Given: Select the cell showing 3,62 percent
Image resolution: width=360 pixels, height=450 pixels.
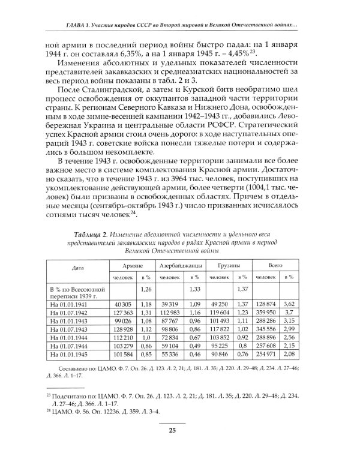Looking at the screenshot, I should [289, 305].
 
